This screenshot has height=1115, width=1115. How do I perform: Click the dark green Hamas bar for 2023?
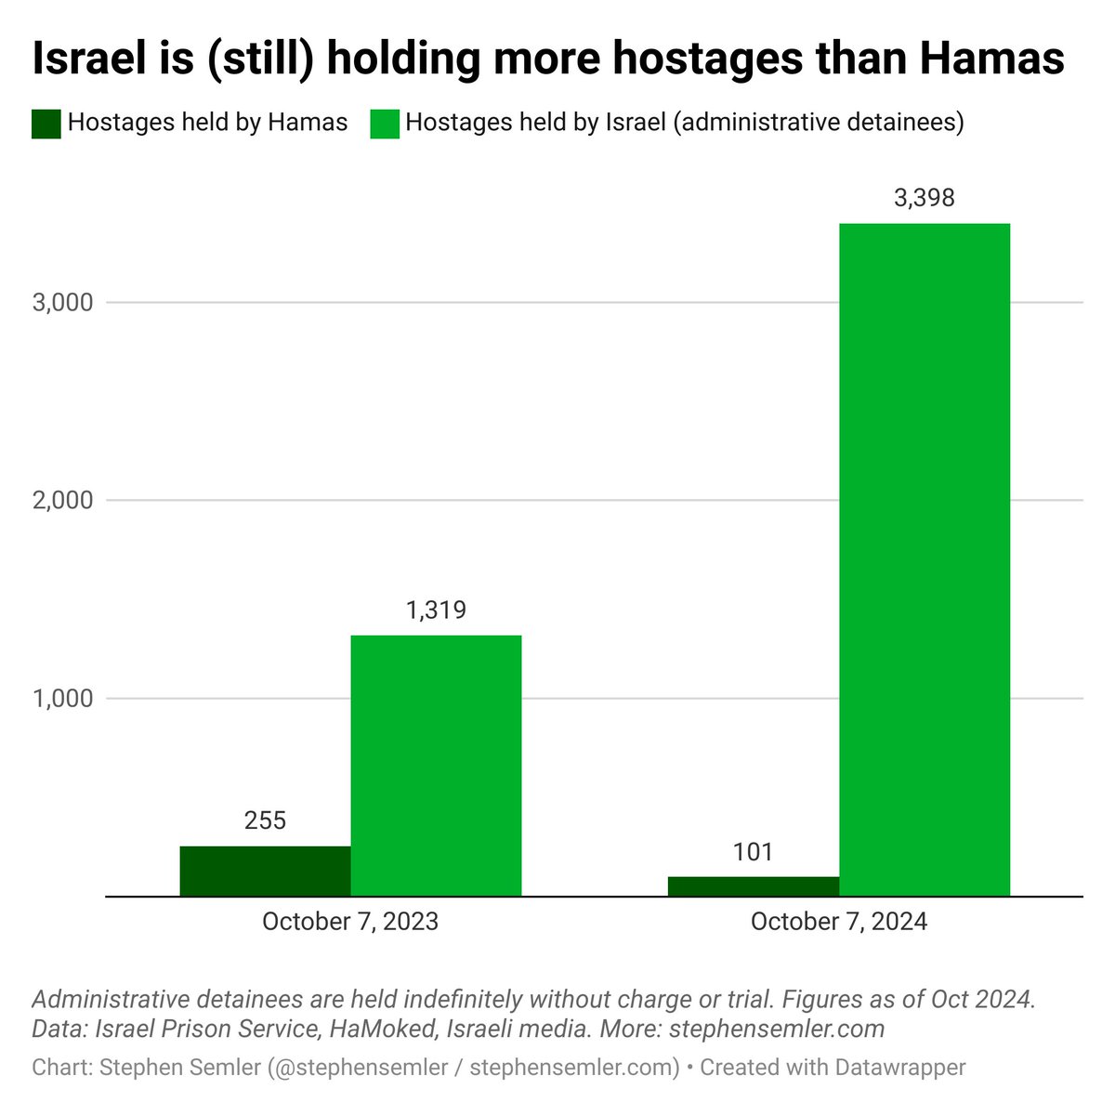[265, 871]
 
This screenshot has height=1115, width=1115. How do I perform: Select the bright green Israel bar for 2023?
[436, 766]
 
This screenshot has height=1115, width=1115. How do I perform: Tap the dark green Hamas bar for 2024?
[753, 886]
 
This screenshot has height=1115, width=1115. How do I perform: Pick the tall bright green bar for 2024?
[924, 559]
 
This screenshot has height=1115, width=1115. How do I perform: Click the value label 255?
[265, 820]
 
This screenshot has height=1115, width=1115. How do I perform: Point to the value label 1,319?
[436, 610]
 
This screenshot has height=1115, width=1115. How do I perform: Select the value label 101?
[753, 852]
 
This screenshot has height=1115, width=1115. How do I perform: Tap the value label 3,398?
[924, 198]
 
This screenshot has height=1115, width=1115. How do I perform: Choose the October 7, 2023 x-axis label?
[350, 922]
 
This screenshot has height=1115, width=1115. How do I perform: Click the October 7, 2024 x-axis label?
[838, 922]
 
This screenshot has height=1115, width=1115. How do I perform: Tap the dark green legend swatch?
[46, 124]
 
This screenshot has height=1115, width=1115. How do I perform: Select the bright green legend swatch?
[384, 124]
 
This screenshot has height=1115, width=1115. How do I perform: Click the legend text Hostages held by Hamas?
[207, 123]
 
